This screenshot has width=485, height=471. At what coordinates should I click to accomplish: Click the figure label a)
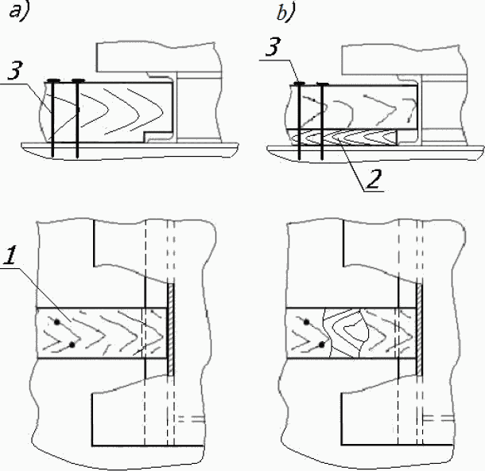[19, 13]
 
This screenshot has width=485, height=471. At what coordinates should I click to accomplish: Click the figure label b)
[286, 12]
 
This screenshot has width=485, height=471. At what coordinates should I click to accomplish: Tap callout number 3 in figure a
[14, 71]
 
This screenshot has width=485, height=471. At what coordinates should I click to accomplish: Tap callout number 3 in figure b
[274, 47]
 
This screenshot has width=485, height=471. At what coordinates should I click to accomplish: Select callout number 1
[10, 255]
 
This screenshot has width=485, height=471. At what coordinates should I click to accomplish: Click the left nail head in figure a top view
[52, 81]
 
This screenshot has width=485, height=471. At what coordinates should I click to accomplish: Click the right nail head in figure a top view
[78, 81]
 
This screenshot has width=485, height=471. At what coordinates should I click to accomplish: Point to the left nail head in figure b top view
[299, 84]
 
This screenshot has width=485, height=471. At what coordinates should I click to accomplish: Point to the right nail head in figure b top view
[323, 84]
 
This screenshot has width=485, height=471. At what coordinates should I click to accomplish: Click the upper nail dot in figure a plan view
[56, 322]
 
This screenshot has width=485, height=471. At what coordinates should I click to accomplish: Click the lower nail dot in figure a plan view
[72, 344]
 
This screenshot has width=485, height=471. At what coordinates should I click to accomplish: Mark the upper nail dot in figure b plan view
[307, 322]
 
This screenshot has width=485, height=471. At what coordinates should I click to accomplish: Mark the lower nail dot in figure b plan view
[322, 344]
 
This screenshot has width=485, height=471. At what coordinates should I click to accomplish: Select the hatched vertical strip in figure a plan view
[170, 329]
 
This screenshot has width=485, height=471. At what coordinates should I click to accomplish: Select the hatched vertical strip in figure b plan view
[419, 329]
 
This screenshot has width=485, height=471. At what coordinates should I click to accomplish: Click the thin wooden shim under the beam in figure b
[344, 137]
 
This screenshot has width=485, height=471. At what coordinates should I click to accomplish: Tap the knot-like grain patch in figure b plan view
[346, 333]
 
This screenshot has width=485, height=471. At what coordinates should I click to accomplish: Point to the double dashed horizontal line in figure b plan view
[438, 418]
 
